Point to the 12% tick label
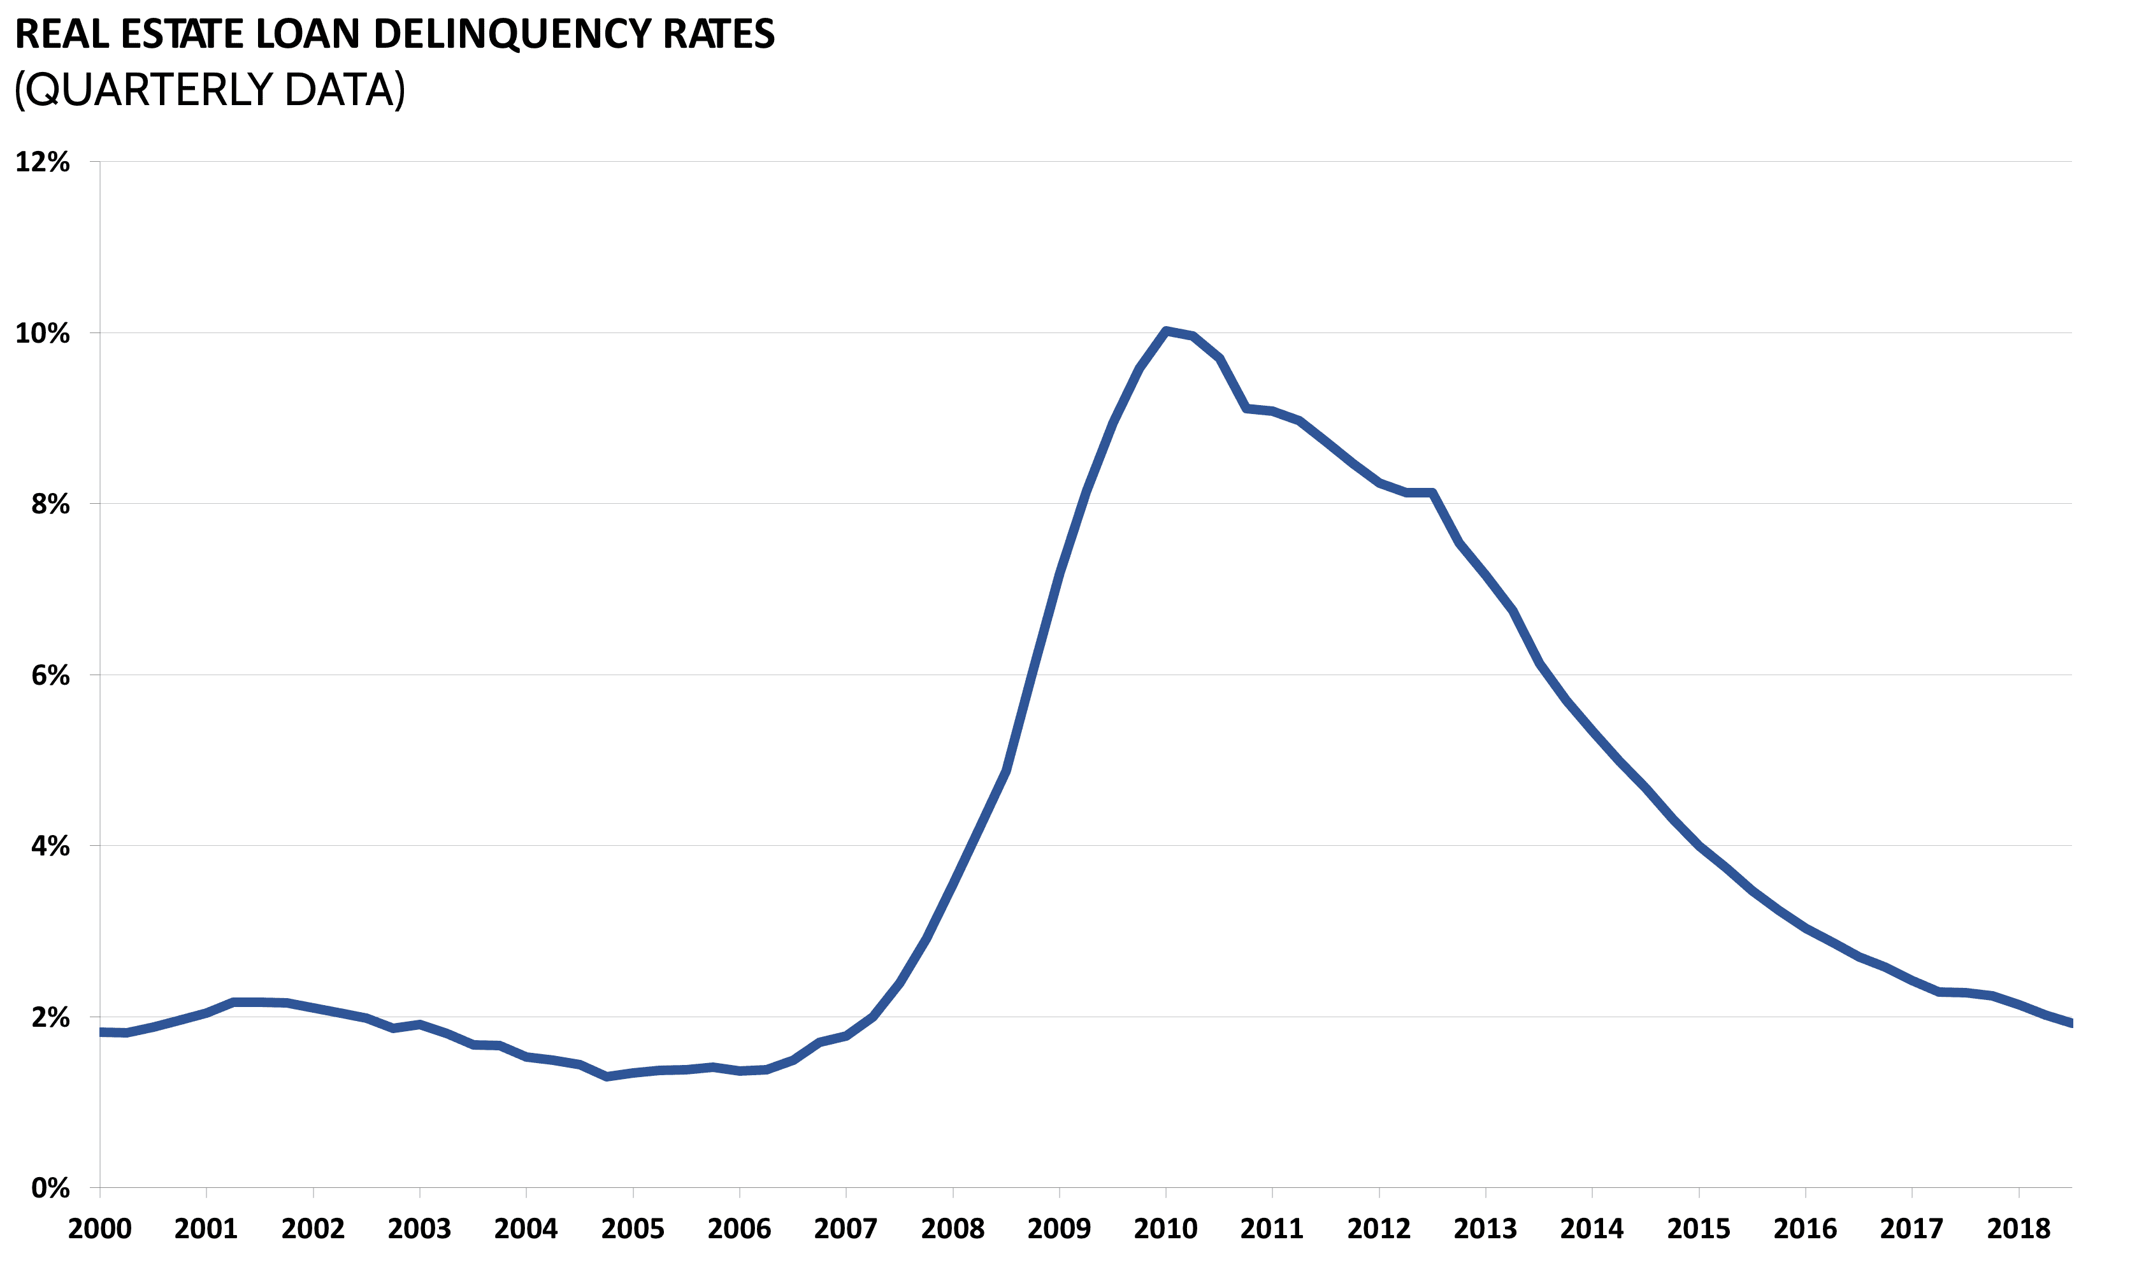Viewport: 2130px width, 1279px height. (x=42, y=162)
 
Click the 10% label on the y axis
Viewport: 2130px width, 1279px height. (x=42, y=334)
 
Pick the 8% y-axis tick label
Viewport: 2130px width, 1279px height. (x=50, y=504)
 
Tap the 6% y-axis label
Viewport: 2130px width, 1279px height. (x=50, y=676)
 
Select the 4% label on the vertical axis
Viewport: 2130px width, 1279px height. (x=50, y=847)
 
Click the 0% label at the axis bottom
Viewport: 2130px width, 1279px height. (x=50, y=1189)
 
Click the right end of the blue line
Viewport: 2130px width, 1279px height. (x=2069, y=1023)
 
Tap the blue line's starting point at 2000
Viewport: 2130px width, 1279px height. (x=102, y=1032)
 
